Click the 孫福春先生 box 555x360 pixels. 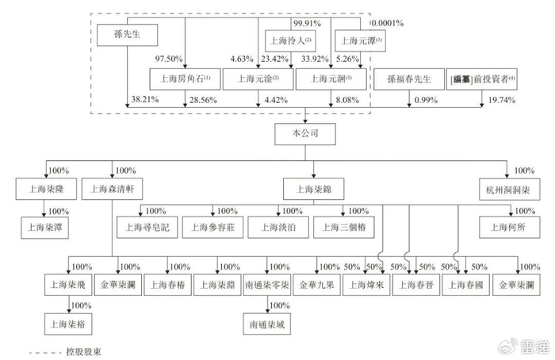point(409,79)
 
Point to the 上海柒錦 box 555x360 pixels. point(313,189)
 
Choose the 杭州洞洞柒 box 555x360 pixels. point(506,189)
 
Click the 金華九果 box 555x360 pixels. point(317,284)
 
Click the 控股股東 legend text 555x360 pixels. point(87,350)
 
